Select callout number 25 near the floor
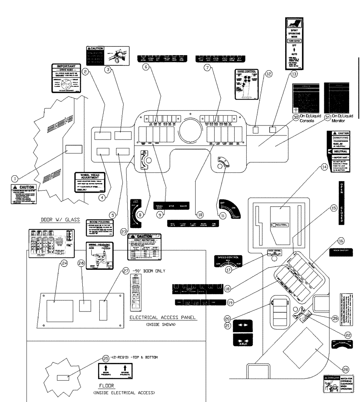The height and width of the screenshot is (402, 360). pyautogui.click(x=106, y=358)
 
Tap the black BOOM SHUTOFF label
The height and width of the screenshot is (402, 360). pyautogui.click(x=340, y=250)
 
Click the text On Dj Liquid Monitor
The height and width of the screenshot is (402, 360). pyautogui.click(x=342, y=117)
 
